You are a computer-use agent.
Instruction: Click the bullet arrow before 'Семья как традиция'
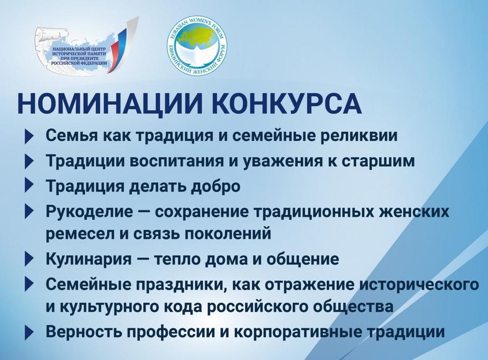point(29,137)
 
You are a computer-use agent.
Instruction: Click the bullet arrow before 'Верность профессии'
point(29,332)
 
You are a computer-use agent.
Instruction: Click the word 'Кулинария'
point(89,259)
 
